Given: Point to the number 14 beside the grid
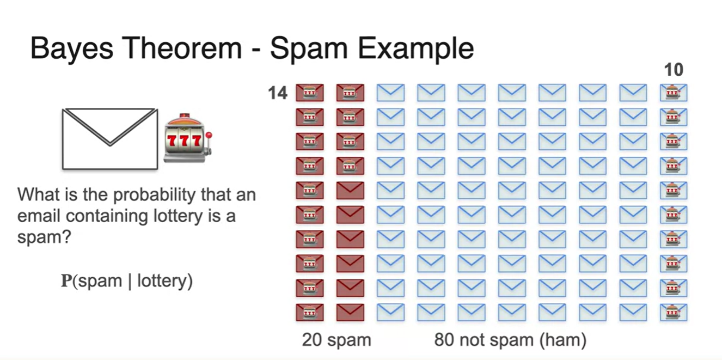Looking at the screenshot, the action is [277, 93].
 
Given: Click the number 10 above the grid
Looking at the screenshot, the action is [673, 70].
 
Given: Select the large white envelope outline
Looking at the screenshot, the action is [109, 138].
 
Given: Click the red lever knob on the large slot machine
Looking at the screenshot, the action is [209, 135].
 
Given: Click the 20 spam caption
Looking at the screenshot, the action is [336, 340].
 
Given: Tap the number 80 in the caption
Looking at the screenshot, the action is [444, 340].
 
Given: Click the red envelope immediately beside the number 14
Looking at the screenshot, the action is [309, 93].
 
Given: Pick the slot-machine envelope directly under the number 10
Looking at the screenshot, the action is [673, 93].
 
